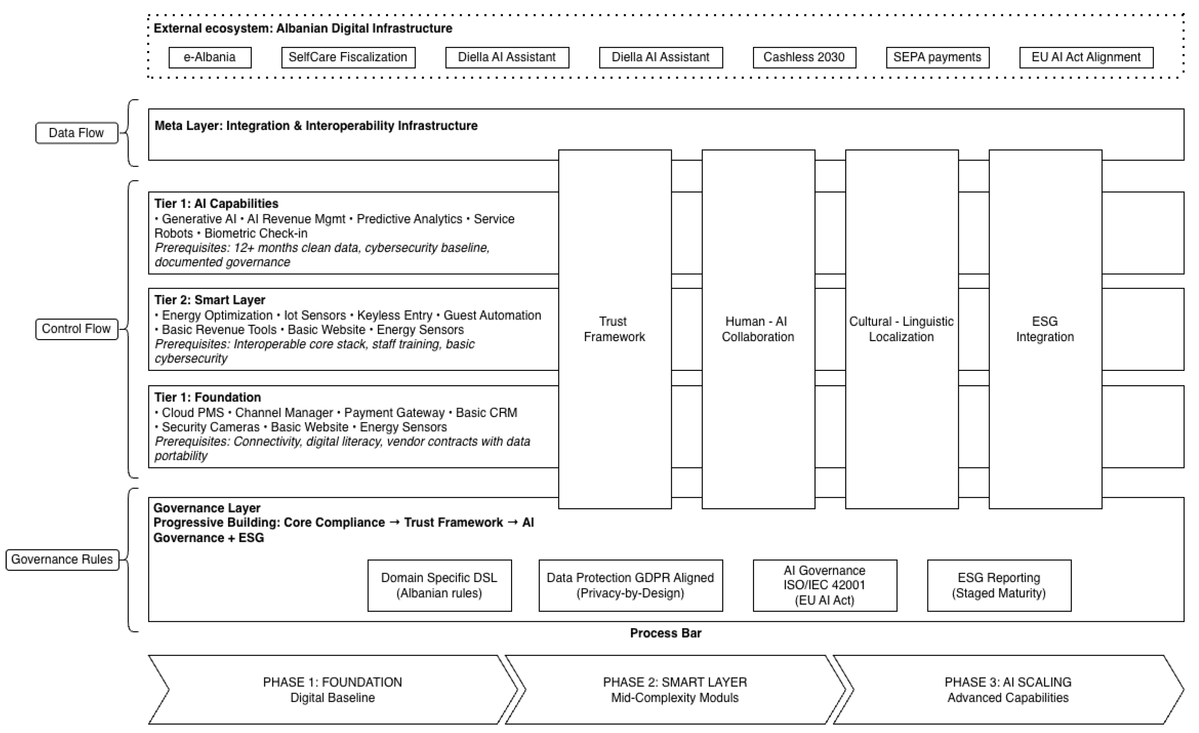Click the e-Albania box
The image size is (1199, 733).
[210, 57]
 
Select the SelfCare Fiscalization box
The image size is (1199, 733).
[348, 57]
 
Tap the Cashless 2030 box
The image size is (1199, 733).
[804, 57]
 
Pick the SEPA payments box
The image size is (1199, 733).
[937, 57]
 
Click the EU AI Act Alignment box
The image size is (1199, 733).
[1086, 57]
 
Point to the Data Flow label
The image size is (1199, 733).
[77, 133]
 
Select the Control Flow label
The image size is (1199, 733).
[77, 329]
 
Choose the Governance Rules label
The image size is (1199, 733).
[62, 559]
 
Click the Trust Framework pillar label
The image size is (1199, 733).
[614, 329]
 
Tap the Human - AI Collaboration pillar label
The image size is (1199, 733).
[758, 329]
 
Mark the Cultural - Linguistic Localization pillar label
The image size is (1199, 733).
[901, 329]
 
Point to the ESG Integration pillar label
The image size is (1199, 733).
[1045, 329]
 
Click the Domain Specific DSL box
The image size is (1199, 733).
[439, 585]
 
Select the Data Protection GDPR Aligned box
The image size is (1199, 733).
[630, 585]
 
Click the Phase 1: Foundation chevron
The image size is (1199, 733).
[332, 690]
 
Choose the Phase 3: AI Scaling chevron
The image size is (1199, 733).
[1008, 690]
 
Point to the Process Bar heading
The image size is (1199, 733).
[665, 633]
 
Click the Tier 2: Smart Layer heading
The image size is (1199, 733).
[210, 300]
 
